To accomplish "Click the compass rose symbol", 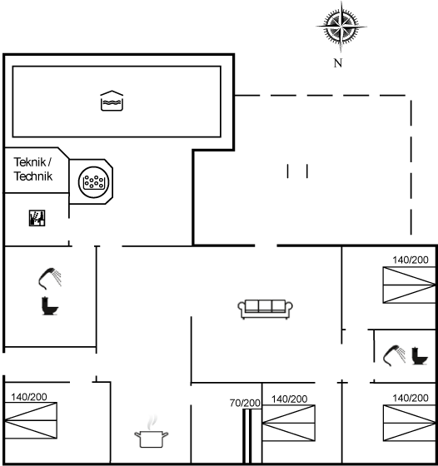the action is (341, 27).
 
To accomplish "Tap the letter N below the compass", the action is (338, 63).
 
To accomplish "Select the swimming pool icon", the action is (112, 101).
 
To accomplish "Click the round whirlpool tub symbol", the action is (93, 182).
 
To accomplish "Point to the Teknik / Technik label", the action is (33, 169).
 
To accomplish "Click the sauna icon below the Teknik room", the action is (37, 218).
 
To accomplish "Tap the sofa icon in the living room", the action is (265, 309).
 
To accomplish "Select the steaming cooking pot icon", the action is (151, 432).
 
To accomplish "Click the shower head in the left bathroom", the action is (50, 279).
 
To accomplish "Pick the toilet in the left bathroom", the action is (50, 306).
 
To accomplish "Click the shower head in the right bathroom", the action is (395, 355).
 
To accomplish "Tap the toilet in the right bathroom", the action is (420, 356).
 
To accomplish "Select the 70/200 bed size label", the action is (245, 403).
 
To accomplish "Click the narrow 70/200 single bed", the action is (247, 436).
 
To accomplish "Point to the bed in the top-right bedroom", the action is (409, 285).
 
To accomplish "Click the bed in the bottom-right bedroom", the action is (409, 423).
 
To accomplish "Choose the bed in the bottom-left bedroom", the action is (31, 420).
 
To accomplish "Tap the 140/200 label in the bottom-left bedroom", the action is (29, 397).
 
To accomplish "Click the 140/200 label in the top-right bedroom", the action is (411, 260).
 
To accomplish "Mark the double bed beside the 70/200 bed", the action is (288, 423).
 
